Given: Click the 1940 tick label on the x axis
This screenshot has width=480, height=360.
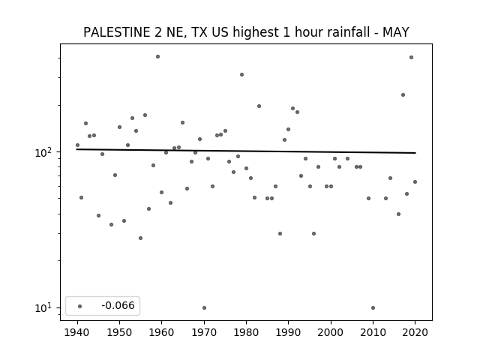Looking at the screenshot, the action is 77,332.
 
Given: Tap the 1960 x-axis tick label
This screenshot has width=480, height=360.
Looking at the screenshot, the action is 162,332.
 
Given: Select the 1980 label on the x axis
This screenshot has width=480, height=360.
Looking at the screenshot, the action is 246,332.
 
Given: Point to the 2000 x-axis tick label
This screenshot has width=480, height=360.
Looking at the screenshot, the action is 331,332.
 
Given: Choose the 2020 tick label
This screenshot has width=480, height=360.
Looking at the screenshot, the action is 415,332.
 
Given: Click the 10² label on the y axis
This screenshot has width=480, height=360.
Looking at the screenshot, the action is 45,152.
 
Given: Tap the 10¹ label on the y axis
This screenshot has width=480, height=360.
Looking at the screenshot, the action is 45,307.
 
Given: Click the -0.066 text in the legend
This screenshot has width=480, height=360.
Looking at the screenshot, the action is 118,305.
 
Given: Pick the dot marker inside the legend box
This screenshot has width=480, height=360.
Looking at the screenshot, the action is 80,306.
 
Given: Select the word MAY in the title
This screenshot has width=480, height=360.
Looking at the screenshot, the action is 396,32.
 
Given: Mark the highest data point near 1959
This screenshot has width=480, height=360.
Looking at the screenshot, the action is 157,57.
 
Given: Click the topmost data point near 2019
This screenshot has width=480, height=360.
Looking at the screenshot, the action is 412,58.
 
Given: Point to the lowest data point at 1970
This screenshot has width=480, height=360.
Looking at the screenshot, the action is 204,307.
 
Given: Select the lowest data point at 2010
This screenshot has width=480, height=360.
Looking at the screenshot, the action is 373,307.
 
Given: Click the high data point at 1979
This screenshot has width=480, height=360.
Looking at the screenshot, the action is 241,75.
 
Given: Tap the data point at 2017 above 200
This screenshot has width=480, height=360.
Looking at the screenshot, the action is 403,95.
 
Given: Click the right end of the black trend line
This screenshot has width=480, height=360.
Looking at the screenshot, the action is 415,153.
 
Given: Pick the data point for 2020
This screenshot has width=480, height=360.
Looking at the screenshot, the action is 415,181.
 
